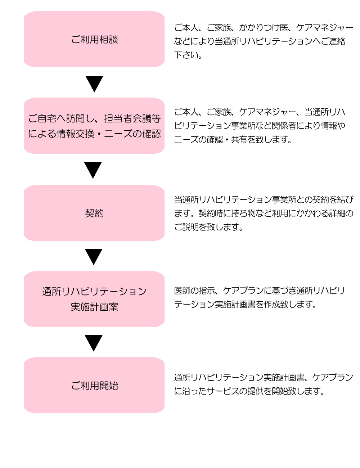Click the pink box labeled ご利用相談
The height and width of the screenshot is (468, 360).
(94, 39)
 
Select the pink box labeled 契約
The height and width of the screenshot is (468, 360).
(94, 213)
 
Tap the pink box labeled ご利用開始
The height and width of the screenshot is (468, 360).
(94, 385)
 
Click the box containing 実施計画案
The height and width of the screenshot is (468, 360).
(94, 299)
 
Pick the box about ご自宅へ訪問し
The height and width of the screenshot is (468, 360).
(94, 126)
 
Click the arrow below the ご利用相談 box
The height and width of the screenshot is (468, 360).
(94, 84)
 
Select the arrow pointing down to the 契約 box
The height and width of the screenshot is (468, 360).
(93, 170)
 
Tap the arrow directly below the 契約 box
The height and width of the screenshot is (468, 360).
(94, 257)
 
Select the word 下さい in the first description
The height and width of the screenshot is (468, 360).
(186, 55)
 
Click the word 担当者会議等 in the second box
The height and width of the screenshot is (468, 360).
(132, 118)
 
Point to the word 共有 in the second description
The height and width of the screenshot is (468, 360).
(239, 139)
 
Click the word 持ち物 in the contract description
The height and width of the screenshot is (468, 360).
(243, 213)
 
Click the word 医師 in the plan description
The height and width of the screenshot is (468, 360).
(182, 291)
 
